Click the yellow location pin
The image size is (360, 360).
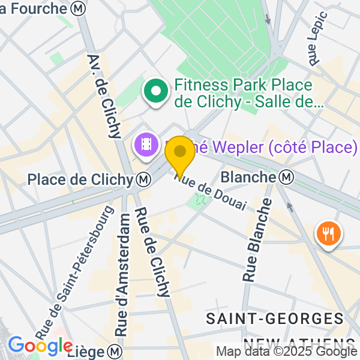pyautogui.click(x=180, y=153)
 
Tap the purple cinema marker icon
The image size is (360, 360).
pyautogui.click(x=146, y=144)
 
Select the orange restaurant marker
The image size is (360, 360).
pyautogui.click(x=328, y=232)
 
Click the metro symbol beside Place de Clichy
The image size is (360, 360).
pyautogui.click(x=143, y=179)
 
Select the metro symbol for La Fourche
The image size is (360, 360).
pyautogui.click(x=77, y=8)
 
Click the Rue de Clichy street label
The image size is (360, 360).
pyautogui.click(x=152, y=252)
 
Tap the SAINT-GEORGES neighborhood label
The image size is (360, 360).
pyautogui.click(x=275, y=319)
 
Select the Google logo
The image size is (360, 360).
pyautogui.click(x=40, y=346)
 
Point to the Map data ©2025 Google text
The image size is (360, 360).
pyautogui.click(x=287, y=352)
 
